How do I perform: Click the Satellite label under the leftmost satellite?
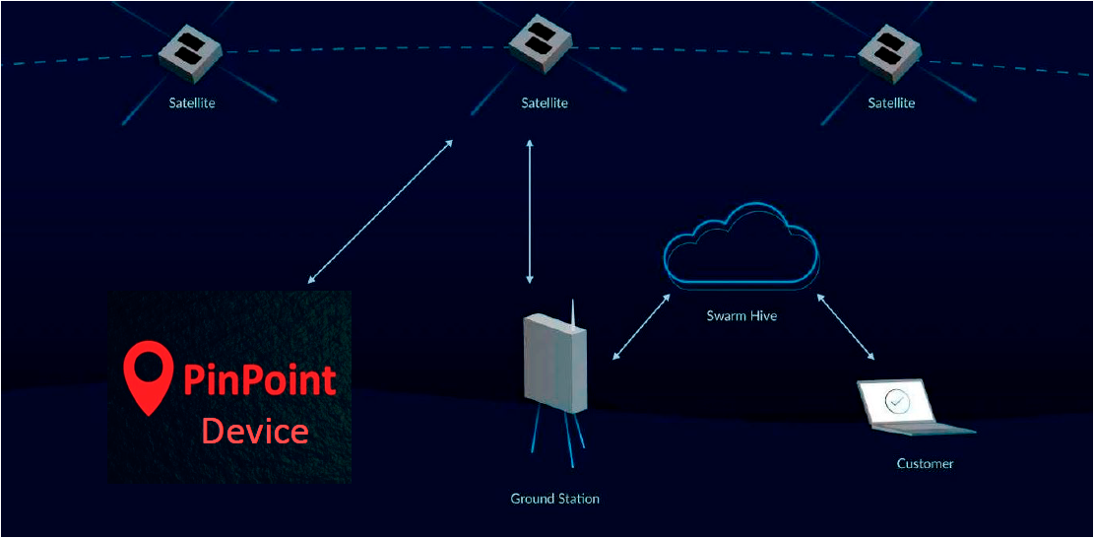pyautogui.click(x=191, y=102)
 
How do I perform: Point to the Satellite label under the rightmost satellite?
pyautogui.click(x=891, y=102)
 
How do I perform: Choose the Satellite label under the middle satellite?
pyautogui.click(x=545, y=102)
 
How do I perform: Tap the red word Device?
pyautogui.click(x=255, y=431)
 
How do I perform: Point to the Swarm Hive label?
pyautogui.click(x=741, y=316)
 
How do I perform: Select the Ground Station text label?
pyautogui.click(x=554, y=499)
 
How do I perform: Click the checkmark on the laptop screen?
pyautogui.click(x=896, y=401)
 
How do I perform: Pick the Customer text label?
pyautogui.click(x=925, y=463)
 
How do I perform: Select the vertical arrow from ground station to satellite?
pyautogui.click(x=531, y=212)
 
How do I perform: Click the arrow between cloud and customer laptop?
pyautogui.click(x=845, y=326)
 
